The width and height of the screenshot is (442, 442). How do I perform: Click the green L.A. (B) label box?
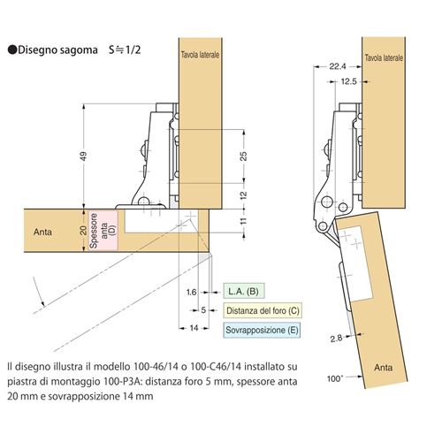click(243, 292)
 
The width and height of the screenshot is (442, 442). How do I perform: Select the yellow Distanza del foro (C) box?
click(263, 310)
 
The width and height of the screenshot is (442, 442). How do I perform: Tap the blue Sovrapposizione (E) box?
click(262, 330)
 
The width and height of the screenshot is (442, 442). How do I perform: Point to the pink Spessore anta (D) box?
click(103, 231)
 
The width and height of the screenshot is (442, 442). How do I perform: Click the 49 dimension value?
click(84, 156)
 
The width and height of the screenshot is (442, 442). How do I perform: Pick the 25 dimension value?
click(244, 156)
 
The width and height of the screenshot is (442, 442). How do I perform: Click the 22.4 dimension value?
click(338, 66)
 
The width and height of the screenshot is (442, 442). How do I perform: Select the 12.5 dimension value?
click(348, 81)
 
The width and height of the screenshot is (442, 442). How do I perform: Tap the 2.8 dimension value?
click(336, 339)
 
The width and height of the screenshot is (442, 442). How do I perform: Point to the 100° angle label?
click(335, 378)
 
